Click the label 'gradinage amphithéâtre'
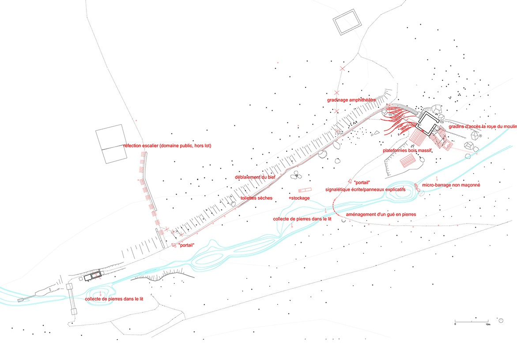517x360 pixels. click(x=351, y=100)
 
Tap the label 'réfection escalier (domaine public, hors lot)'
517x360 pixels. click(x=167, y=145)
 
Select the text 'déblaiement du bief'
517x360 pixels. click(x=255, y=177)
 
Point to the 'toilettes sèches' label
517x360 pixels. click(x=257, y=198)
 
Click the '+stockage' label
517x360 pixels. click(x=299, y=198)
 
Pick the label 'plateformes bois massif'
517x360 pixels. click(x=407, y=151)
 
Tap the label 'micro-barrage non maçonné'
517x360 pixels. click(x=451, y=185)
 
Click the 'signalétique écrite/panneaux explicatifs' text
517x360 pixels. click(x=365, y=190)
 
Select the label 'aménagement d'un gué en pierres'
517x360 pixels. click(x=381, y=215)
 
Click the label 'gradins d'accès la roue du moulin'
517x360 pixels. click(x=483, y=127)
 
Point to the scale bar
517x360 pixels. click(x=472, y=321)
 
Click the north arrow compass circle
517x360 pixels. click(x=501, y=320)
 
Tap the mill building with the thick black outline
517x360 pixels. click(x=428, y=123)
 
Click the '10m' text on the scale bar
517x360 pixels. click(x=488, y=325)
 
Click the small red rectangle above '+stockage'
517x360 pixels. click(x=305, y=190)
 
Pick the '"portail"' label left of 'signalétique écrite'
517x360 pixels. click(x=362, y=182)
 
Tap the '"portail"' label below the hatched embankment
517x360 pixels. click(x=186, y=246)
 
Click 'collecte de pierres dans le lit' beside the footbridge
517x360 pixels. click(x=114, y=299)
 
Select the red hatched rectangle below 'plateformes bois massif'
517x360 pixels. click(x=408, y=161)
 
